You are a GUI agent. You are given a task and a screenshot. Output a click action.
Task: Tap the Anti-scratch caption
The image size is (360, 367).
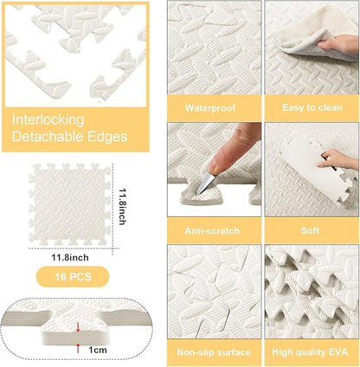(213, 231)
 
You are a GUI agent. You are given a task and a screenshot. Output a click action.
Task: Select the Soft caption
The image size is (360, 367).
(311, 231)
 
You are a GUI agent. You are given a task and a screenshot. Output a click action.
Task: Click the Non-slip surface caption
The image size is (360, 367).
(213, 352)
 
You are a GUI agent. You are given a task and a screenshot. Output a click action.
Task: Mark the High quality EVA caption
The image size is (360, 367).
(311, 352)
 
